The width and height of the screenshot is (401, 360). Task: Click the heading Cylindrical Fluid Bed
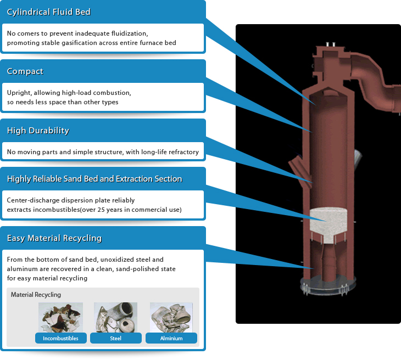tap(49, 12)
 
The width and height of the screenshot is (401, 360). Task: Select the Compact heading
tap(25, 71)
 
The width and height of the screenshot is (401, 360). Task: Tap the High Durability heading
tap(38, 131)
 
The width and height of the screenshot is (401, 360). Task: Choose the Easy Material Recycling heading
tap(54, 238)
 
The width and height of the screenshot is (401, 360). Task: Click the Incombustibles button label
tap(60, 338)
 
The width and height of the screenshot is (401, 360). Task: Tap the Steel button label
tap(115, 338)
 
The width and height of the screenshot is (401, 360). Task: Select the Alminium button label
tap(171, 338)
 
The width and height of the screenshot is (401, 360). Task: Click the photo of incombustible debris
tap(60, 317)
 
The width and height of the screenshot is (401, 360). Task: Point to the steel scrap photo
tap(115, 317)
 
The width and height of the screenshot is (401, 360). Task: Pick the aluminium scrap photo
tap(171, 317)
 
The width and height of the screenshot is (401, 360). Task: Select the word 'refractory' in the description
tap(181, 152)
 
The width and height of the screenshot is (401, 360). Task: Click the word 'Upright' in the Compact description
tap(19, 93)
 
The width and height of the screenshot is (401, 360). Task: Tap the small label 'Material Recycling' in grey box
tap(36, 295)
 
